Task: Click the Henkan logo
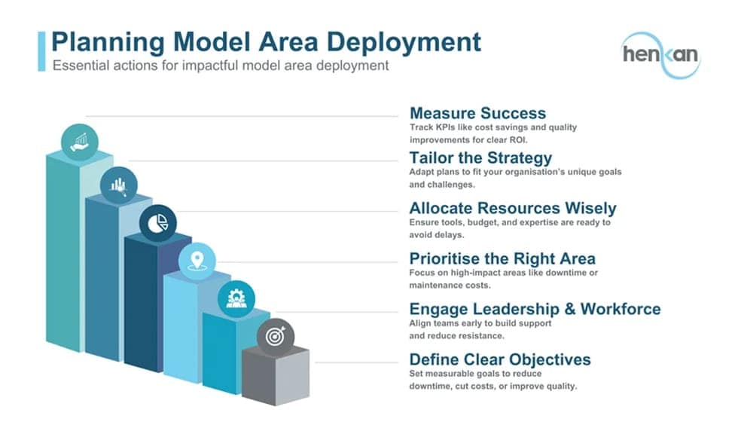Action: click(661, 55)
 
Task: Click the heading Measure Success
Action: click(477, 113)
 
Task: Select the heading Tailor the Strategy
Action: click(480, 157)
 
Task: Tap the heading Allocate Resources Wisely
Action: click(513, 208)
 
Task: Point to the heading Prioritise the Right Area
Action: click(502, 258)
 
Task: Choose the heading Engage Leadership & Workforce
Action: click(535, 309)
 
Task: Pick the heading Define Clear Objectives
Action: click(500, 359)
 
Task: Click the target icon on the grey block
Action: click(276, 337)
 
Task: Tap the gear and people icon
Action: click(236, 299)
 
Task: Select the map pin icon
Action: click(197, 261)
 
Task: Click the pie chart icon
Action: click(157, 223)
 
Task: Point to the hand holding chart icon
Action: click(80, 142)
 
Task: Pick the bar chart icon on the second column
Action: click(119, 185)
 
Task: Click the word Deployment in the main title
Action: click(404, 42)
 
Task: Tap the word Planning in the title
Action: click(108, 42)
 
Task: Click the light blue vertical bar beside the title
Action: click(41, 51)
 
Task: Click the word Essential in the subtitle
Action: click(78, 66)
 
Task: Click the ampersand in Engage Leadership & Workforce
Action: click(570, 309)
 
